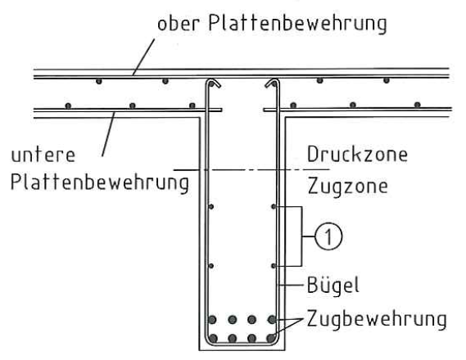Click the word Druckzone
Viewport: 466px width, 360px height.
click(357, 154)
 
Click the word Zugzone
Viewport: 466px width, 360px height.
click(348, 186)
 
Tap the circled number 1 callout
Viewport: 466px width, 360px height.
click(328, 236)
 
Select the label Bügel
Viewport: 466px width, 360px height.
click(333, 285)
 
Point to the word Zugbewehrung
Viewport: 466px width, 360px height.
click(377, 319)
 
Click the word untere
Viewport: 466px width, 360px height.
click(43, 155)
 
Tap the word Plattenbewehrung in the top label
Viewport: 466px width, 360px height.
click(297, 23)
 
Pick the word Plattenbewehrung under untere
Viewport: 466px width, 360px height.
click(100, 182)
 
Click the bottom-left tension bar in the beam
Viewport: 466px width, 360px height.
click(213, 338)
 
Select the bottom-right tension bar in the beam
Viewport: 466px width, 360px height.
click(271, 338)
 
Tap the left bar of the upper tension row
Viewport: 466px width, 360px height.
click(212, 320)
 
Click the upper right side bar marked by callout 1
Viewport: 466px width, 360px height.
click(274, 206)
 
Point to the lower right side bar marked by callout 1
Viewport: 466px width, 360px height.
click(274, 266)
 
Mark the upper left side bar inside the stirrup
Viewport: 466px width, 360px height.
click(211, 206)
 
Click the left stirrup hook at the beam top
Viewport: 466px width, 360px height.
click(215, 82)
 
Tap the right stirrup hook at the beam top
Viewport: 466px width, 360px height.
click(271, 82)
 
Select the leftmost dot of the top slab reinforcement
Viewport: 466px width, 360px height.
click(99, 81)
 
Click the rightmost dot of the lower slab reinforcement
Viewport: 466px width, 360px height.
click(417, 105)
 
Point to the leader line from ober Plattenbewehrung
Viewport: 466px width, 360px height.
click(144, 56)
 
